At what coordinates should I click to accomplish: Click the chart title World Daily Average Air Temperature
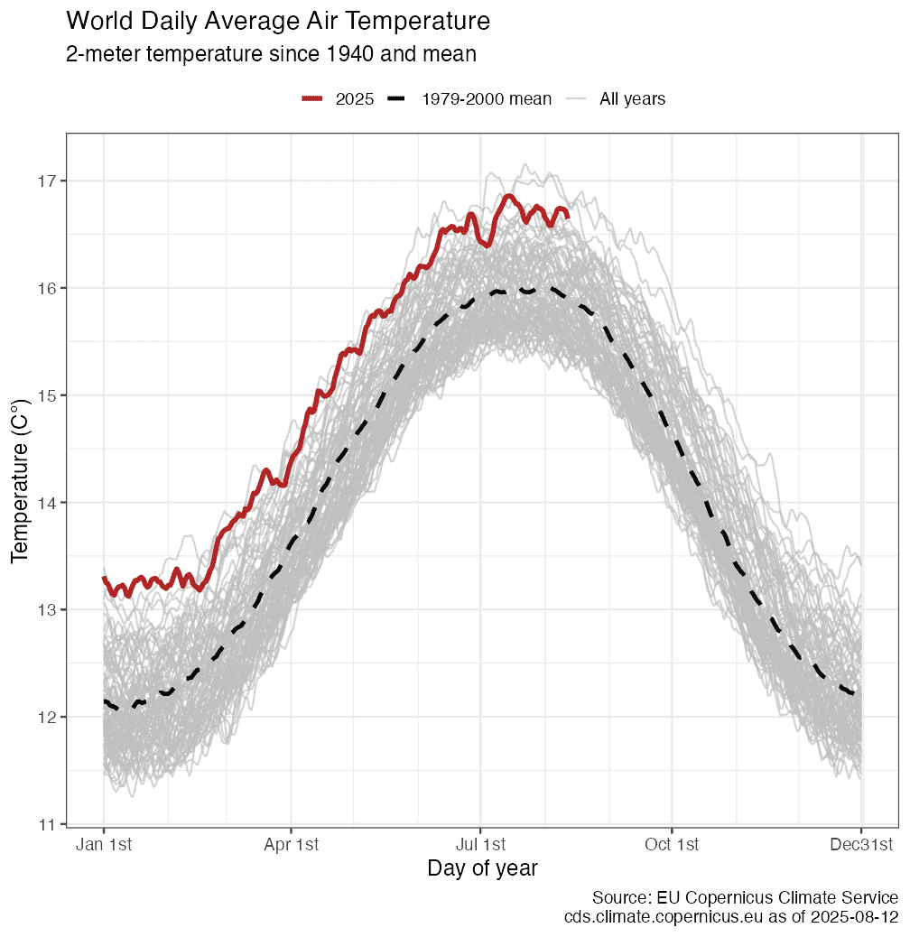click(278, 21)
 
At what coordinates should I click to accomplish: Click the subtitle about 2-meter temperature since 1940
click(271, 54)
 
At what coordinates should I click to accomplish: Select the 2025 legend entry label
click(354, 99)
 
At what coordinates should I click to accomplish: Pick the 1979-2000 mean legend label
click(487, 99)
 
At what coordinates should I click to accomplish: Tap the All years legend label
click(632, 99)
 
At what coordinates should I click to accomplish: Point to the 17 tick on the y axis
click(45, 181)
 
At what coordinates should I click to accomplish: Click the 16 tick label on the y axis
click(45, 289)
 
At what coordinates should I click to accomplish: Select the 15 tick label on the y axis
click(45, 395)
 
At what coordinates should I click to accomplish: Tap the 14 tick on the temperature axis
click(45, 503)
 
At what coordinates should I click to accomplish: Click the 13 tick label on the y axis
click(45, 610)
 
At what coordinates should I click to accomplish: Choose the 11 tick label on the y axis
click(45, 824)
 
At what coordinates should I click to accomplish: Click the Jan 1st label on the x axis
click(104, 845)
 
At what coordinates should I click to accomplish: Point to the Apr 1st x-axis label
click(292, 845)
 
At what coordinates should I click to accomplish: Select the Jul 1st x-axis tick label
click(480, 845)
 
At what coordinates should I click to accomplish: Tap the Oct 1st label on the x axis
click(672, 845)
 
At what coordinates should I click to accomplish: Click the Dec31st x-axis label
click(861, 845)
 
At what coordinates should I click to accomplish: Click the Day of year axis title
click(482, 869)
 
